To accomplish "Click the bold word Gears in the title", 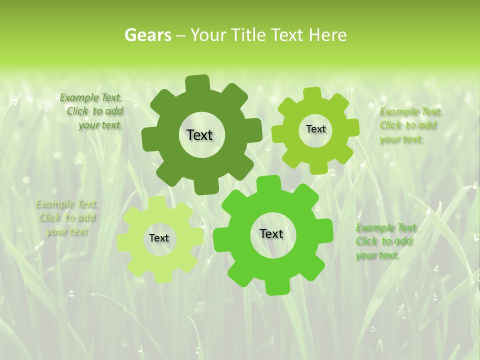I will tap(147, 35).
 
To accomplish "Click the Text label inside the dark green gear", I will tap(199, 135).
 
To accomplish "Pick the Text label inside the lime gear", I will tap(315, 129).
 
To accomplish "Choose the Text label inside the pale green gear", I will tap(159, 238).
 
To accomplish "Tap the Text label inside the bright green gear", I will tap(271, 234).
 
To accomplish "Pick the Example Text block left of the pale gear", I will tap(67, 217).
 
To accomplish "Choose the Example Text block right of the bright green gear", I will tap(386, 241).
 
